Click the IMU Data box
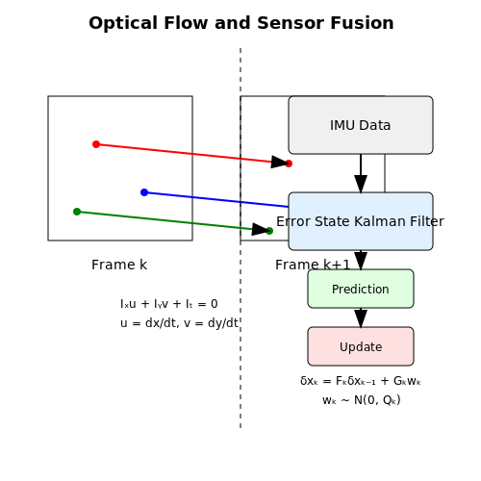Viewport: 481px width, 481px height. (x=361, y=125)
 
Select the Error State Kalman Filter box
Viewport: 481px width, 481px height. (x=361, y=221)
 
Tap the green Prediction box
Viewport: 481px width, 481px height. (x=361, y=289)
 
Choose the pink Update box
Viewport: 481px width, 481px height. (x=361, y=346)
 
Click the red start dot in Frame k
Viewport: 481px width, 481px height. (x=96, y=144)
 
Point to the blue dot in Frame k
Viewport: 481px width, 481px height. (x=144, y=192)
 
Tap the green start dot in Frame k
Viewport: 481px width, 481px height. (x=77, y=212)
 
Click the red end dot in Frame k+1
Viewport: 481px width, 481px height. (x=289, y=164)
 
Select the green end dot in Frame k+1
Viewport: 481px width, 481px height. (x=269, y=231)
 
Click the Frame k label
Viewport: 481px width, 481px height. (x=119, y=265)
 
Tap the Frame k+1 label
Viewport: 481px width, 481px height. (x=313, y=265)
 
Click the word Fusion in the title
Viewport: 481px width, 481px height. (x=362, y=23)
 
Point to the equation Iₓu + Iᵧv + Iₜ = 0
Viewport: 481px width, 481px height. (x=169, y=304)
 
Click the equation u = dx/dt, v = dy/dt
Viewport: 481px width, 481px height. (x=179, y=323)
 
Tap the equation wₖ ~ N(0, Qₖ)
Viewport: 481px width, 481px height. (x=362, y=400)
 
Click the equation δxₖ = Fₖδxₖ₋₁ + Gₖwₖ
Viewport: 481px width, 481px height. (x=361, y=381)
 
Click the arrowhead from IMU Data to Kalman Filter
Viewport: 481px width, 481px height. (x=361, y=184)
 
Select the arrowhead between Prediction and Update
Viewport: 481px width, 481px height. (x=361, y=318)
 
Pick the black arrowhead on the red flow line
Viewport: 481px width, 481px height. (x=280, y=162)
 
